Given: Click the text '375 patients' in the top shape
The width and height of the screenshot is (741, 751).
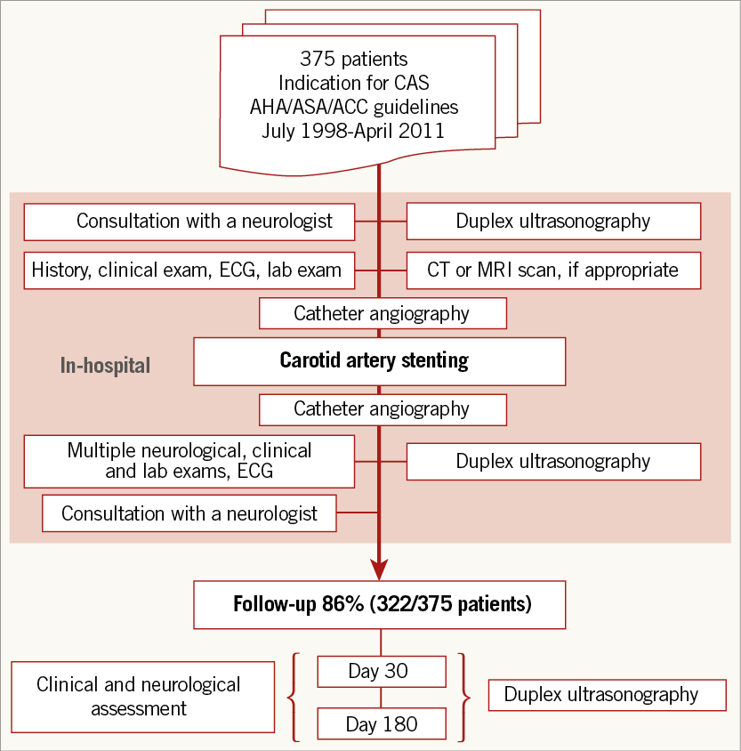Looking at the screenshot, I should point(354,60).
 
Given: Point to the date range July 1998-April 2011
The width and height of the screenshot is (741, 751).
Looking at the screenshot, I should point(354,130).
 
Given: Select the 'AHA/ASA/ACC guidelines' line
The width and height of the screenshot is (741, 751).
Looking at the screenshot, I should point(354,107).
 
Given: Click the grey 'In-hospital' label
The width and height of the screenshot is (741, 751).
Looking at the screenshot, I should point(105,365).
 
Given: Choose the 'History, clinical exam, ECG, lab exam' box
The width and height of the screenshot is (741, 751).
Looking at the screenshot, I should point(189,270).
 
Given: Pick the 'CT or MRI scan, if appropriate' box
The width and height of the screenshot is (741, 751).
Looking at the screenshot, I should point(553,270).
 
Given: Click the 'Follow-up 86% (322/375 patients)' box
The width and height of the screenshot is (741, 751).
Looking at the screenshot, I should point(382,605).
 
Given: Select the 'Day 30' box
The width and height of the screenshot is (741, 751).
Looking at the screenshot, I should point(382,671).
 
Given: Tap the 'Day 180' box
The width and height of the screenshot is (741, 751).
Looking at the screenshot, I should point(382,724).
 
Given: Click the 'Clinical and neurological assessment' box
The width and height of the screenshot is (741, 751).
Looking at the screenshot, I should point(142,697).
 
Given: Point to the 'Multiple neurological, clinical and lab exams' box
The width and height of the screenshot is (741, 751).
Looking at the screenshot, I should point(189,461).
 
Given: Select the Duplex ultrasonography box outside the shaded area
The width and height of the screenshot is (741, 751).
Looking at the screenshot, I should point(607,695).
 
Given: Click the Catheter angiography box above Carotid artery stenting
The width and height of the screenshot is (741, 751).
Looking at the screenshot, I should point(383,313).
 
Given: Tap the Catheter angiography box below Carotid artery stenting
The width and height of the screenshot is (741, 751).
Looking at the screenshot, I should point(383,409).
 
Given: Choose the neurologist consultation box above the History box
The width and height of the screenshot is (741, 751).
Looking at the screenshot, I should point(189,222).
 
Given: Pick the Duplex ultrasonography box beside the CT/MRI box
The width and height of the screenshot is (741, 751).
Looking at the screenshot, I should point(553,222).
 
